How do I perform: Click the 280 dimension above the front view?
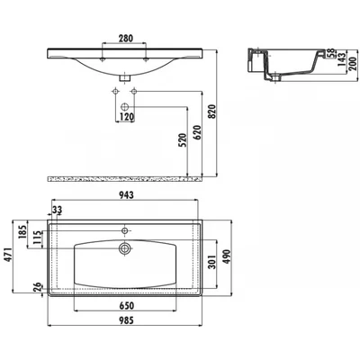[125, 38]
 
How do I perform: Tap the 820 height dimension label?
[212, 112]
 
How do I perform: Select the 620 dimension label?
[198, 132]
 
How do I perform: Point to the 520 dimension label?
[183, 139]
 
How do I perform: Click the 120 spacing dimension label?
[126, 116]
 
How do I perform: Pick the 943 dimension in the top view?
[126, 195]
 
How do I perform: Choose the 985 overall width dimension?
[126, 320]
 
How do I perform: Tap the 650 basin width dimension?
[126, 306]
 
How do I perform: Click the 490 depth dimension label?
[227, 256]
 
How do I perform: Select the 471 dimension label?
[7, 255]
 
